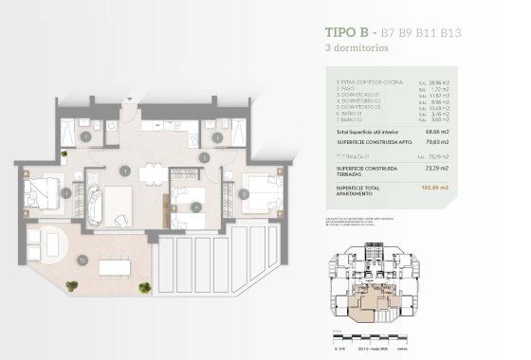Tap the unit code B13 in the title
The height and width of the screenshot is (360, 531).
pos(448,31)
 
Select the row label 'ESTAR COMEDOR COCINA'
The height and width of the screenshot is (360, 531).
pos(370,83)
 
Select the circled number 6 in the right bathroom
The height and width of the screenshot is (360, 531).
pos(217,137)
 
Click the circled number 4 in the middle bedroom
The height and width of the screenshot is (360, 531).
pos(195,207)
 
